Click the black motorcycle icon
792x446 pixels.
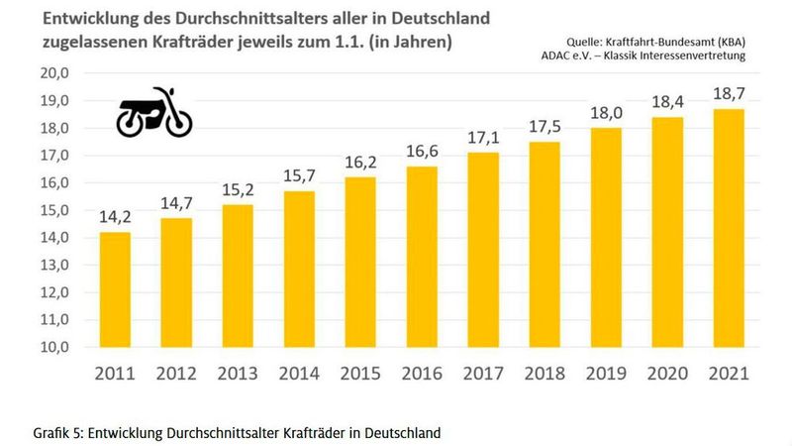[154, 112]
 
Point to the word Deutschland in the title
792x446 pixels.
[439, 19]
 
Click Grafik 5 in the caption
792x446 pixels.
[55, 433]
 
